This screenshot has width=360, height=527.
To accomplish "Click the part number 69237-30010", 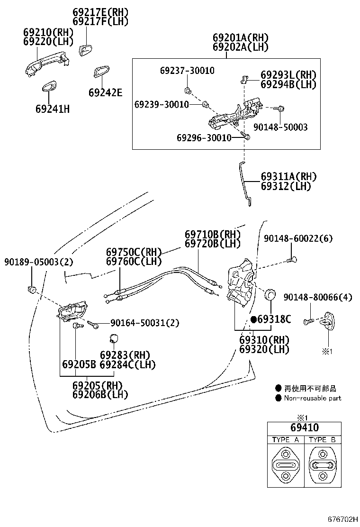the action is (187, 71).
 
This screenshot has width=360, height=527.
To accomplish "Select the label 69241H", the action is (53, 109).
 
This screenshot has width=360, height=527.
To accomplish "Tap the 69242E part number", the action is (106, 92).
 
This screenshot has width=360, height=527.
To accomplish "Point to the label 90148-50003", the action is (280, 127).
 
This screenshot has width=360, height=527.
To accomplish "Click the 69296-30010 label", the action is (204, 137).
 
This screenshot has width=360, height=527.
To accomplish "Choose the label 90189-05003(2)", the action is (39, 262).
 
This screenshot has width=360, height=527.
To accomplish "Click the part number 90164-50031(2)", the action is (145, 323).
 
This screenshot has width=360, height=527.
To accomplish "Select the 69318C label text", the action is (274, 319).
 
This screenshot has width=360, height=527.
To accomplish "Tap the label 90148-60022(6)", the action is (298, 238).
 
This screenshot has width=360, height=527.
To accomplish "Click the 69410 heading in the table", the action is (305, 427).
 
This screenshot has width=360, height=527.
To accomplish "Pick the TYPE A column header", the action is (286, 440).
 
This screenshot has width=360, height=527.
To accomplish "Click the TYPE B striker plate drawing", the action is (323, 465).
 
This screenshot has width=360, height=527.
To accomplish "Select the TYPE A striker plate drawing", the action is (286, 465).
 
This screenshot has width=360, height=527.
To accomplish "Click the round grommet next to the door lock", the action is (270, 294).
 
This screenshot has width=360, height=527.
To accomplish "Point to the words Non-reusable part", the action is (313, 398).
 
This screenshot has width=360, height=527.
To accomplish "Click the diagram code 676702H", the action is (342, 519).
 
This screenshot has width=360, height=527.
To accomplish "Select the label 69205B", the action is (79, 364).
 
